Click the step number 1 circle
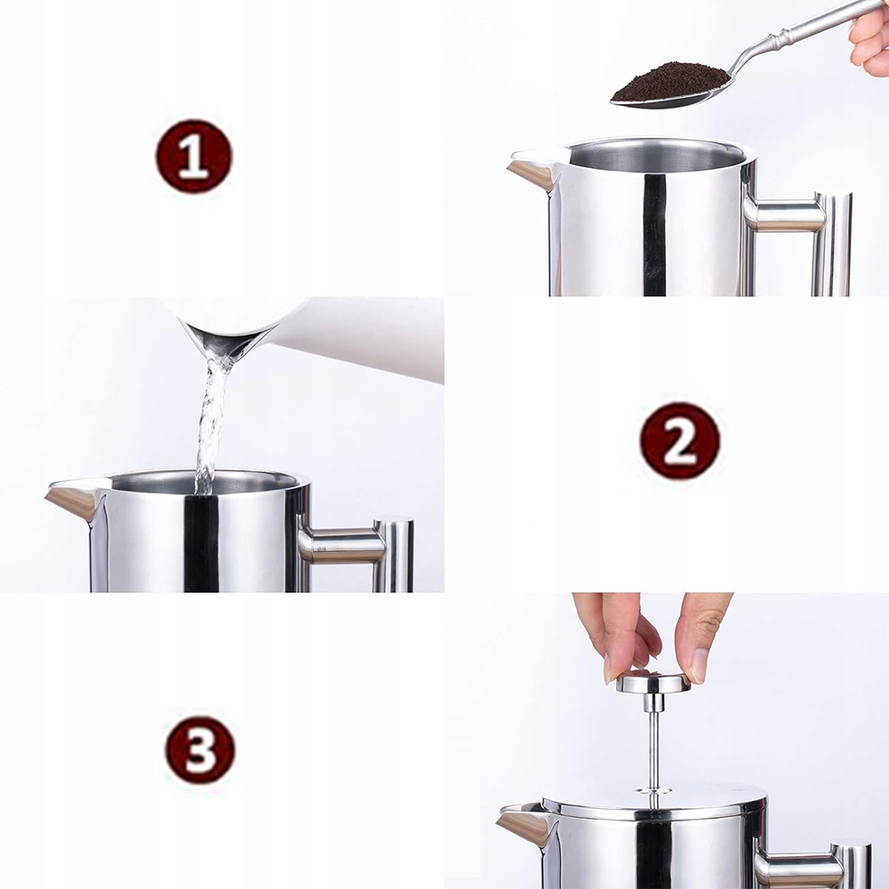coord(194,156)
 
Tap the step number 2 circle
coord(680,441)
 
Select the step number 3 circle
coord(200,750)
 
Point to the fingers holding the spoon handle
coord(869,41)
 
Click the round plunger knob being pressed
coord(653,683)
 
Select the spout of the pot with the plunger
coord(525,822)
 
